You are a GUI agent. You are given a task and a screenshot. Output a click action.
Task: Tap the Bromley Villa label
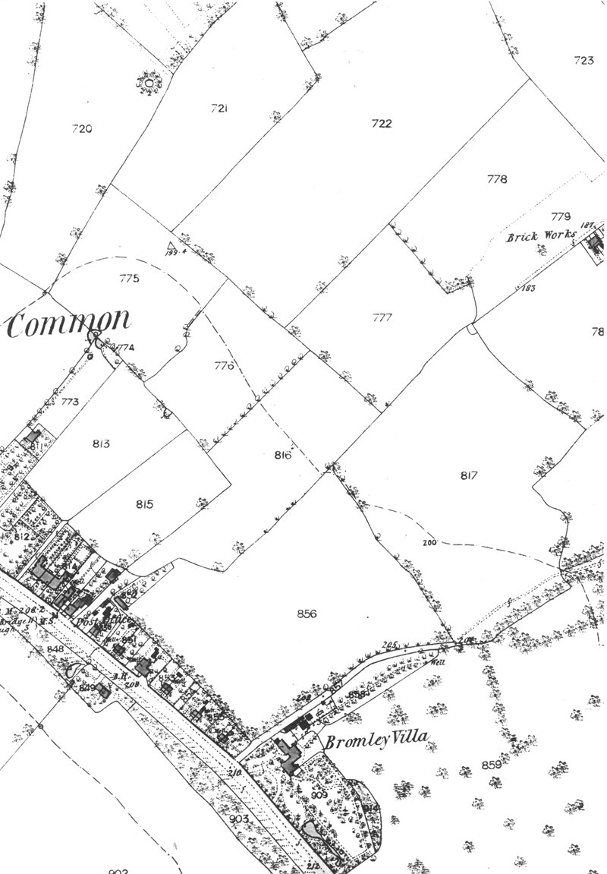click(377, 737)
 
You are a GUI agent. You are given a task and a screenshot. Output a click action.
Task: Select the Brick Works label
click(542, 235)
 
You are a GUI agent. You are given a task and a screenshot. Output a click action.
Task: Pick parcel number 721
click(220, 109)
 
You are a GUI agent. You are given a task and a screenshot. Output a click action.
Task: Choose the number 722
click(382, 124)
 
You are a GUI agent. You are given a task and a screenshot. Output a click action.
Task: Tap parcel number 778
click(497, 179)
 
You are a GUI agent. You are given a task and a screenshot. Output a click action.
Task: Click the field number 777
click(382, 317)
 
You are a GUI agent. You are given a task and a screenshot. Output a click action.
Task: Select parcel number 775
click(130, 279)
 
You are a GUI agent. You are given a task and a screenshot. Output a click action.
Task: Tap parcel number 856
click(307, 614)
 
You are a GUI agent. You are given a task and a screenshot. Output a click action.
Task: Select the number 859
click(492, 765)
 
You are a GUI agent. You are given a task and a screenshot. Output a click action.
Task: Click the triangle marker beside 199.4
click(167, 245)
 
